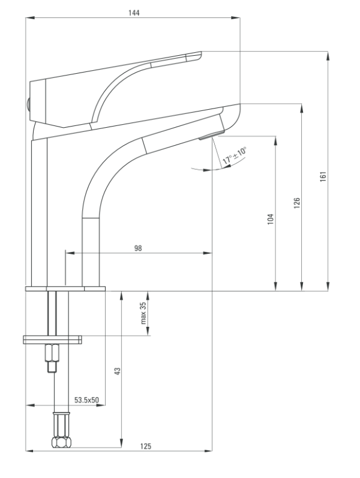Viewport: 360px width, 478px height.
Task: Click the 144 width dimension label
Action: (x=134, y=13)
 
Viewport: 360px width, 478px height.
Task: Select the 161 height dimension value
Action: (x=323, y=176)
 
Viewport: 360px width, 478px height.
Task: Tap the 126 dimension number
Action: (x=297, y=203)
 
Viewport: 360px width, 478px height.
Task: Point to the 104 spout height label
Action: (x=271, y=219)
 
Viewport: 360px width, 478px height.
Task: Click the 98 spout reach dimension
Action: (x=138, y=248)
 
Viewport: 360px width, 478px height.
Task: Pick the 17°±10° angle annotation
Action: (x=235, y=155)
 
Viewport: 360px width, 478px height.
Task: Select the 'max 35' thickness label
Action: (x=143, y=313)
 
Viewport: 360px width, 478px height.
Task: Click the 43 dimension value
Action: (x=117, y=371)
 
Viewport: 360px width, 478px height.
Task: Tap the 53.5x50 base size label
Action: (x=86, y=399)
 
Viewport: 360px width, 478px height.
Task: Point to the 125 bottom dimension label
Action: (x=146, y=446)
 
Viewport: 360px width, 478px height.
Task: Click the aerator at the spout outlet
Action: (x=211, y=135)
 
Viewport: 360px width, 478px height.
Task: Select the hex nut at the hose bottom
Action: (x=61, y=442)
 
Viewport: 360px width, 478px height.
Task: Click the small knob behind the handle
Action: (x=28, y=104)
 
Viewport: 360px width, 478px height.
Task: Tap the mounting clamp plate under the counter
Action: (x=52, y=339)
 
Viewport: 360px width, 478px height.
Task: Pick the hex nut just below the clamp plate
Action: (x=52, y=353)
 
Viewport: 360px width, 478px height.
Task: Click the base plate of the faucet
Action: (x=65, y=288)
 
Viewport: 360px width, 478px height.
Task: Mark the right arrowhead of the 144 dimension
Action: (x=236, y=17)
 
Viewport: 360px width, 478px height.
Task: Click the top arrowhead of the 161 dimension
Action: (x=328, y=56)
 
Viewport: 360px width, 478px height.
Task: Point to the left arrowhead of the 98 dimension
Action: (x=70, y=252)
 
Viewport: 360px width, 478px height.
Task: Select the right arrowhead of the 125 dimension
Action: (x=208, y=450)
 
